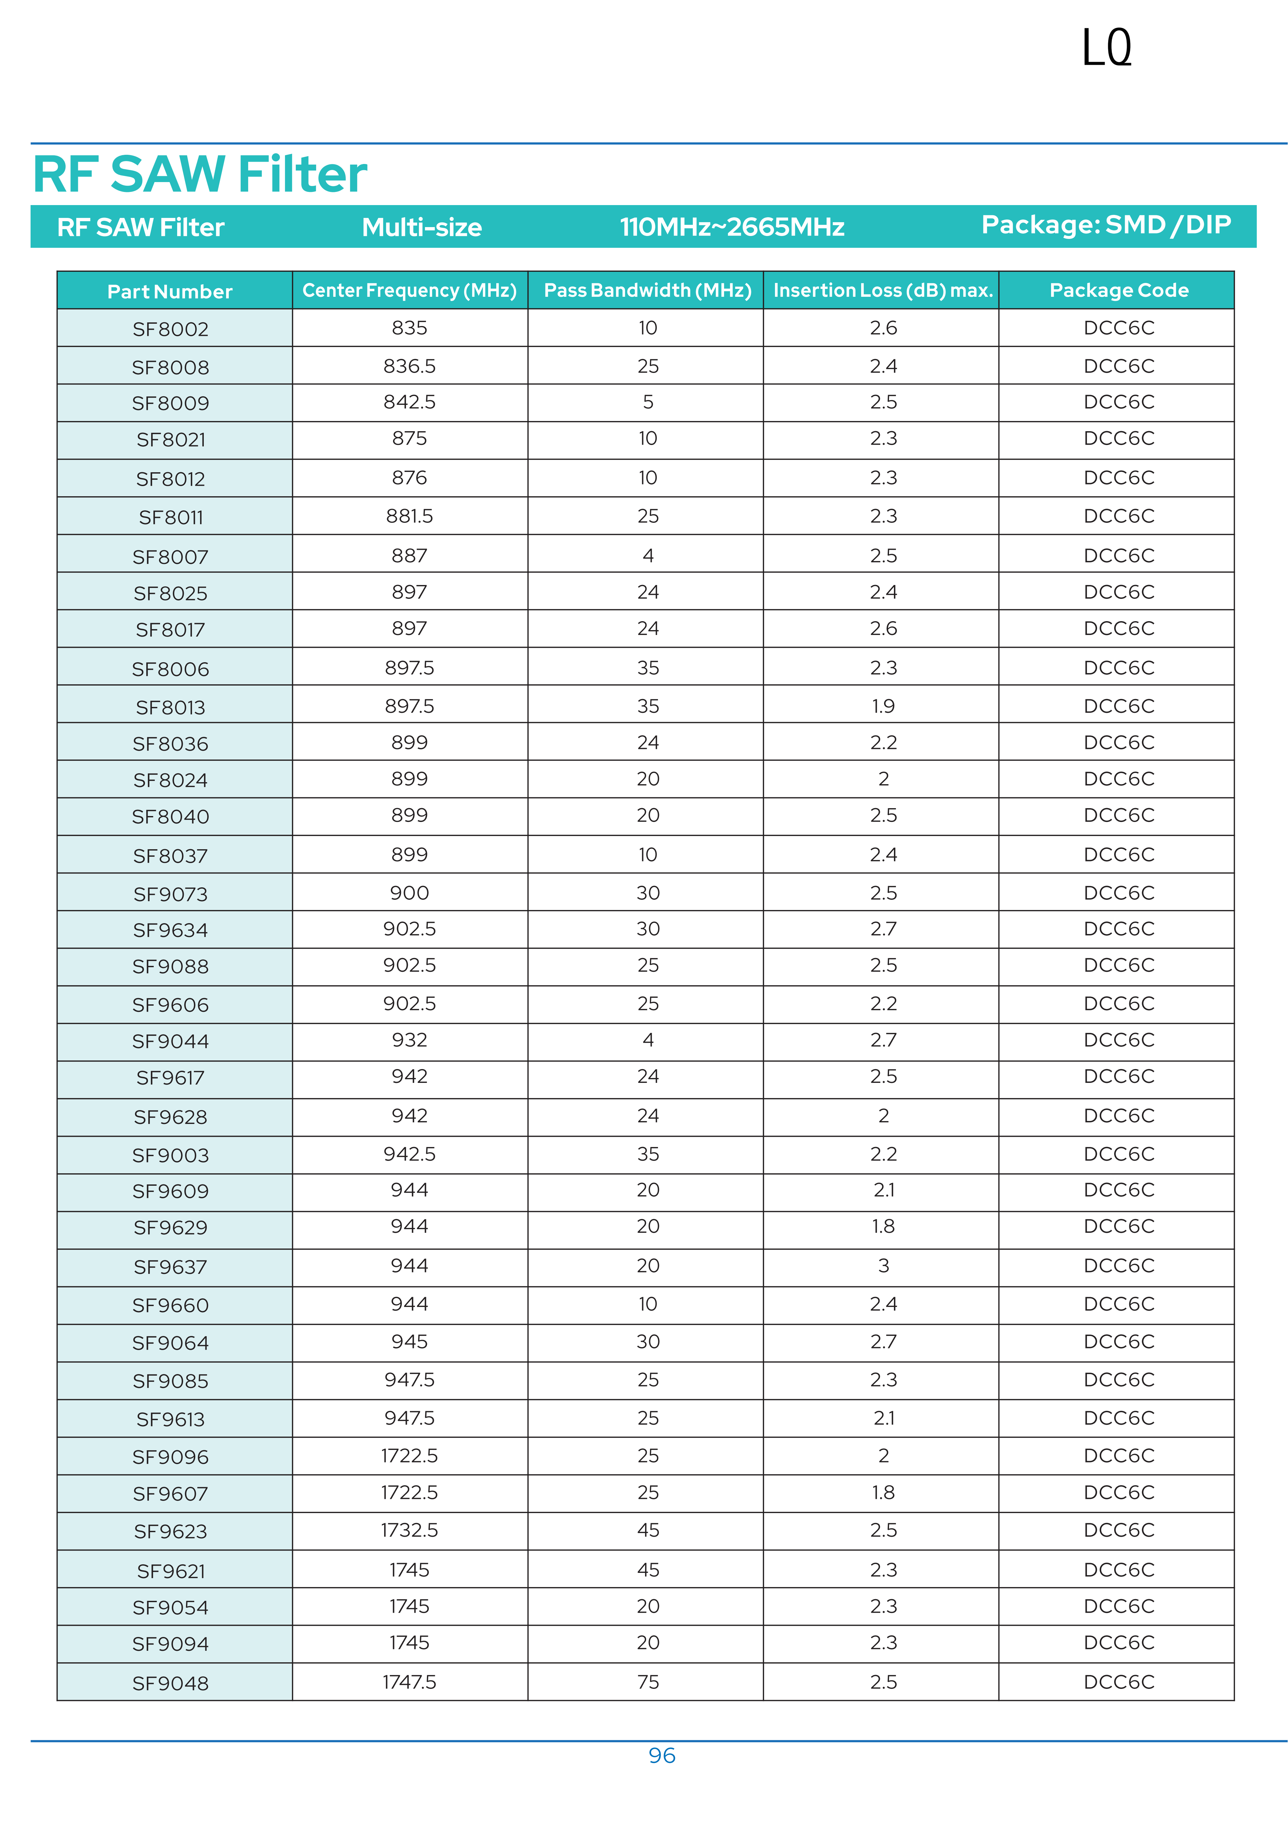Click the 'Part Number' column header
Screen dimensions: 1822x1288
coord(170,291)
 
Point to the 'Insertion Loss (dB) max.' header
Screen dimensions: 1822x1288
coord(882,291)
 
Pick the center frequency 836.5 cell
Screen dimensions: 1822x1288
coord(410,366)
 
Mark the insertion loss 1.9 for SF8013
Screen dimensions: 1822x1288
coord(882,706)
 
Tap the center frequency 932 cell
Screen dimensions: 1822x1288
coord(410,1039)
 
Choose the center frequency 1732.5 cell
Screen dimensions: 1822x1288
coord(410,1530)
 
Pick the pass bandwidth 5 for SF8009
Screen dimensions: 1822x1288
coord(647,402)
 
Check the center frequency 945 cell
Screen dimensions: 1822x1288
coord(410,1341)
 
